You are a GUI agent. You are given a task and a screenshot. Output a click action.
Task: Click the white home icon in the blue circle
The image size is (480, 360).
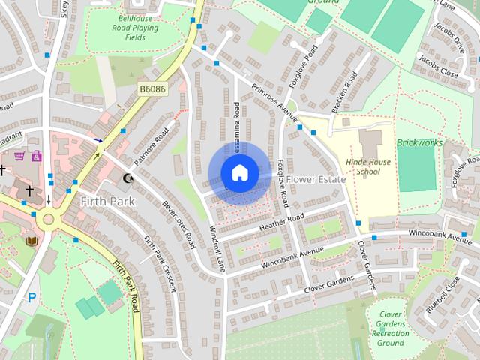[239, 173]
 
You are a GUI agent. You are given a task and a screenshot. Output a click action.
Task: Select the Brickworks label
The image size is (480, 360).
[420, 142]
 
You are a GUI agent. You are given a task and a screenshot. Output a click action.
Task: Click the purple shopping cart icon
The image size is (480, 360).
[19, 156]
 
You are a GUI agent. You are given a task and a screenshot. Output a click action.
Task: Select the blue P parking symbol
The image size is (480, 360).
[31, 297]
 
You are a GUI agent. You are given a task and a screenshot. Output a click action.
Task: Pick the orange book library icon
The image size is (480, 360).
[31, 241]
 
